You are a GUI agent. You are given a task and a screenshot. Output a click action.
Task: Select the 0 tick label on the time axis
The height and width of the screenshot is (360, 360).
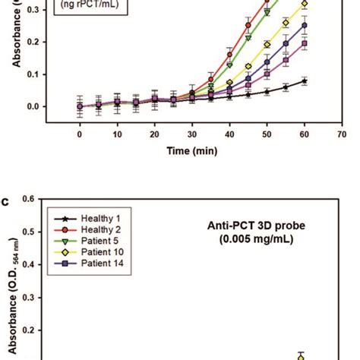[x=80, y=134]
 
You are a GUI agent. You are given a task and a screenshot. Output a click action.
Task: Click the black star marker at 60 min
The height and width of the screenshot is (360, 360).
[x=304, y=81]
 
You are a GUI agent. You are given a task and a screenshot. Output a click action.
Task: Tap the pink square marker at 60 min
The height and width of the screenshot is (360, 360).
[x=304, y=44]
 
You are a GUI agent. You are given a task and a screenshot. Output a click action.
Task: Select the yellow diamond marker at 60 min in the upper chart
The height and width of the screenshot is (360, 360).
[x=304, y=4]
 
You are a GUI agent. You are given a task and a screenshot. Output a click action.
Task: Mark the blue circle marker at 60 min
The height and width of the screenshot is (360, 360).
[x=304, y=25]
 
